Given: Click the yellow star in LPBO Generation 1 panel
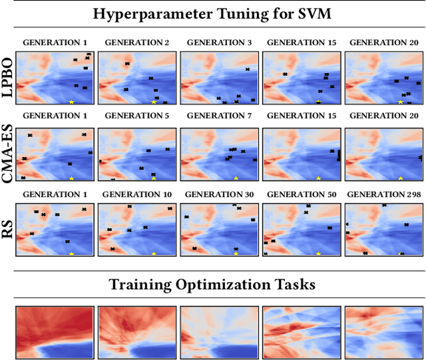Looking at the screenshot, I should [x=71, y=102].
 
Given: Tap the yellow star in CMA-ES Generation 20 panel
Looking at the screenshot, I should [x=400, y=178].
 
